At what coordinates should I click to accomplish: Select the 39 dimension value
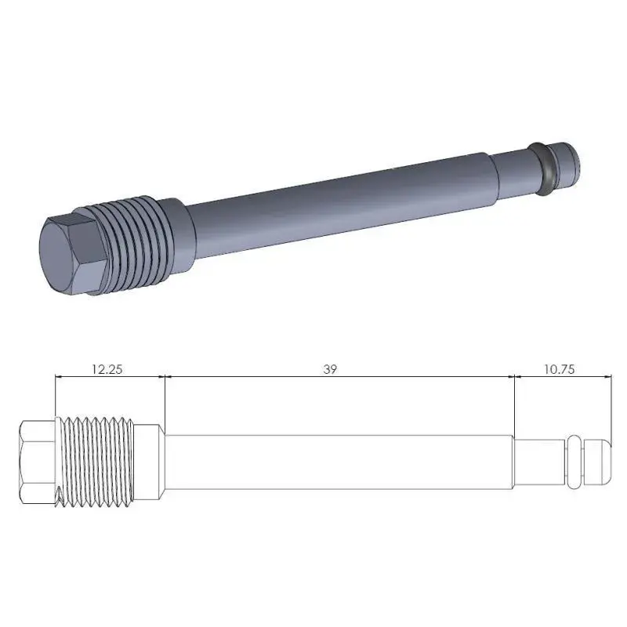coord(330,368)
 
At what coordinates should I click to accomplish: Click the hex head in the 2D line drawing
coord(38,462)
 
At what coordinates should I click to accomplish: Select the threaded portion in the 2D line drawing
coord(98,462)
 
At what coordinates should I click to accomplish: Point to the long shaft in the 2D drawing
coord(337,462)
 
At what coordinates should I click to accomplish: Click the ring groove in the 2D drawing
coord(574,462)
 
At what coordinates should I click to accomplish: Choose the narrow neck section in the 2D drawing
coord(539,462)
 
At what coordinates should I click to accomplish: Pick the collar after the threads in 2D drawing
coord(151,462)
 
